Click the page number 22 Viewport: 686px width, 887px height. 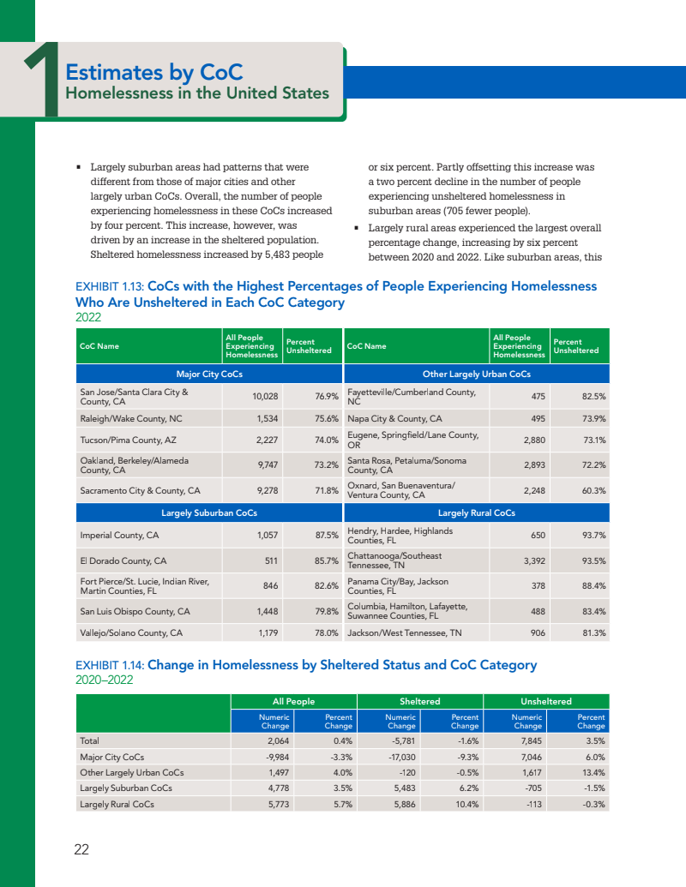pyautogui.click(x=81, y=849)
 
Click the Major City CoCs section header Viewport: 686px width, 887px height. pyautogui.click(x=209, y=374)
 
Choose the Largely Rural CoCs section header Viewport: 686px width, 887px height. pyautogui.click(x=476, y=512)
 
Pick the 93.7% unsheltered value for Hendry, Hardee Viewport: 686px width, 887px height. pyautogui.click(x=593, y=536)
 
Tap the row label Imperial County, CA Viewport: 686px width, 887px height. pyautogui.click(x=119, y=536)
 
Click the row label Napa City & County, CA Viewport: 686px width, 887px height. pyautogui.click(x=394, y=419)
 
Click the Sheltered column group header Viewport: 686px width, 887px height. pyautogui.click(x=420, y=702)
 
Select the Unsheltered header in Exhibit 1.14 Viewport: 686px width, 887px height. pyautogui.click(x=546, y=702)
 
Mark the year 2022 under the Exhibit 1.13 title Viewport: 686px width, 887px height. pyautogui.click(x=88, y=317)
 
